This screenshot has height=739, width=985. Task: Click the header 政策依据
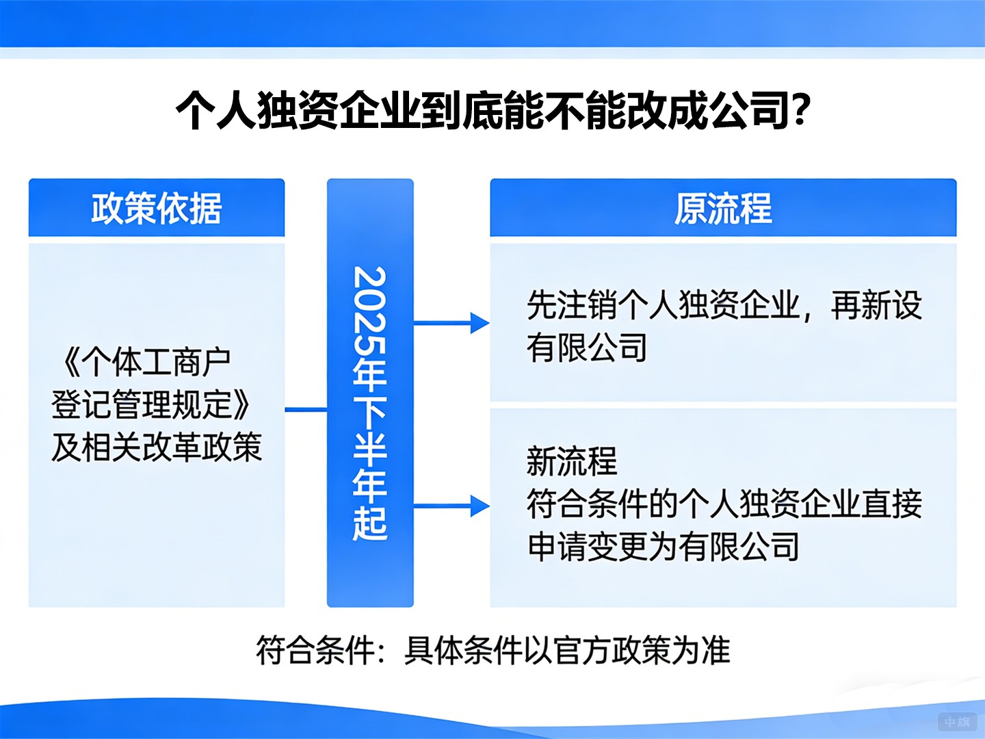tap(157, 208)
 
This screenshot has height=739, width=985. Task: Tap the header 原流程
tap(723, 208)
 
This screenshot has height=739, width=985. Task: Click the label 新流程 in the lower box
tap(572, 461)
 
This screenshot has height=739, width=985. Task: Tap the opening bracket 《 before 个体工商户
tap(70, 362)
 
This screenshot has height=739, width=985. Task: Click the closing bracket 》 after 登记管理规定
tap(241, 404)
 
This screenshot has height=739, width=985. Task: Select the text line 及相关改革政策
tap(157, 447)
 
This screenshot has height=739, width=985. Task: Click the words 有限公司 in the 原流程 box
tap(587, 348)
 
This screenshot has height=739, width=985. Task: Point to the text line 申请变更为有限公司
tap(664, 547)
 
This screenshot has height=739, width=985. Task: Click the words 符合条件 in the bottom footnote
tap(315, 650)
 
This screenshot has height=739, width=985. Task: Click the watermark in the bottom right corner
tap(956, 722)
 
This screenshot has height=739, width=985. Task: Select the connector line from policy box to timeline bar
tap(306, 410)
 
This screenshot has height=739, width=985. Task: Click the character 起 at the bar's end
tap(370, 523)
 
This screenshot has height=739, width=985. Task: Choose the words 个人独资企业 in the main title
tap(298, 109)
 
